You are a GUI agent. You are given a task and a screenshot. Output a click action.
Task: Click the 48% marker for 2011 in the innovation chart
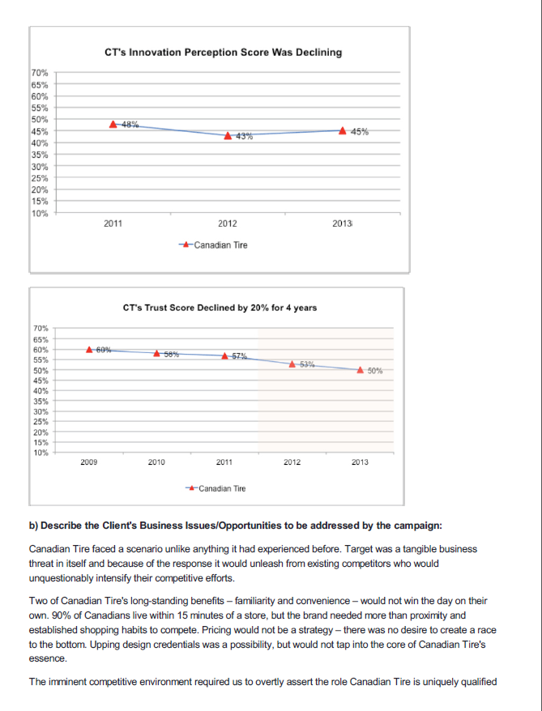[114, 124]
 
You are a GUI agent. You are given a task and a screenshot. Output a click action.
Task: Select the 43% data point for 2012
[229, 135]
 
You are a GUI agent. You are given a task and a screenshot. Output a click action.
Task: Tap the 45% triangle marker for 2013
[343, 130]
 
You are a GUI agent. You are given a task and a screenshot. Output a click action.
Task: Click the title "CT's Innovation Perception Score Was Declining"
[224, 53]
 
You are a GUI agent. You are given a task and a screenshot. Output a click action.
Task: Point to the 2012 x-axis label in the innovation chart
[228, 224]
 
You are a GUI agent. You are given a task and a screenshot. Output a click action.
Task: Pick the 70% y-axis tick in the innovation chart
[39, 73]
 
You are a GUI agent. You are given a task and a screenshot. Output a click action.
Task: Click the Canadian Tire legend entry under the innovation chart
[215, 244]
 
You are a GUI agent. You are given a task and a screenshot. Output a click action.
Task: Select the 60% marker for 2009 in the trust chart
[90, 349]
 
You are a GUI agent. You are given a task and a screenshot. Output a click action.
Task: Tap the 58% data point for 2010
[157, 353]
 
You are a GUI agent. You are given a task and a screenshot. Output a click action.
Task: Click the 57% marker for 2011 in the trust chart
[224, 355]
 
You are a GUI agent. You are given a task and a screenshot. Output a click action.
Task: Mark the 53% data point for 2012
[292, 364]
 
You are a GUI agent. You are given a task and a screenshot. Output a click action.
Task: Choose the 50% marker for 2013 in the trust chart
[360, 370]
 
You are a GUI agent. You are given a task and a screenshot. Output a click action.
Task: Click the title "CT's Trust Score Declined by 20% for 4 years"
[220, 308]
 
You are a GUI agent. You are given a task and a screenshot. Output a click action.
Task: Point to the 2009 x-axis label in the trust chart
[89, 462]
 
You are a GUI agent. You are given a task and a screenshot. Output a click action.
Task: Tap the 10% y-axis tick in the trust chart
[41, 453]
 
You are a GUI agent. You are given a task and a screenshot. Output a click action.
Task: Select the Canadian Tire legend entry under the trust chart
[216, 488]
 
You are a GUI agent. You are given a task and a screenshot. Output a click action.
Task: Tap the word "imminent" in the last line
[68, 681]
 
